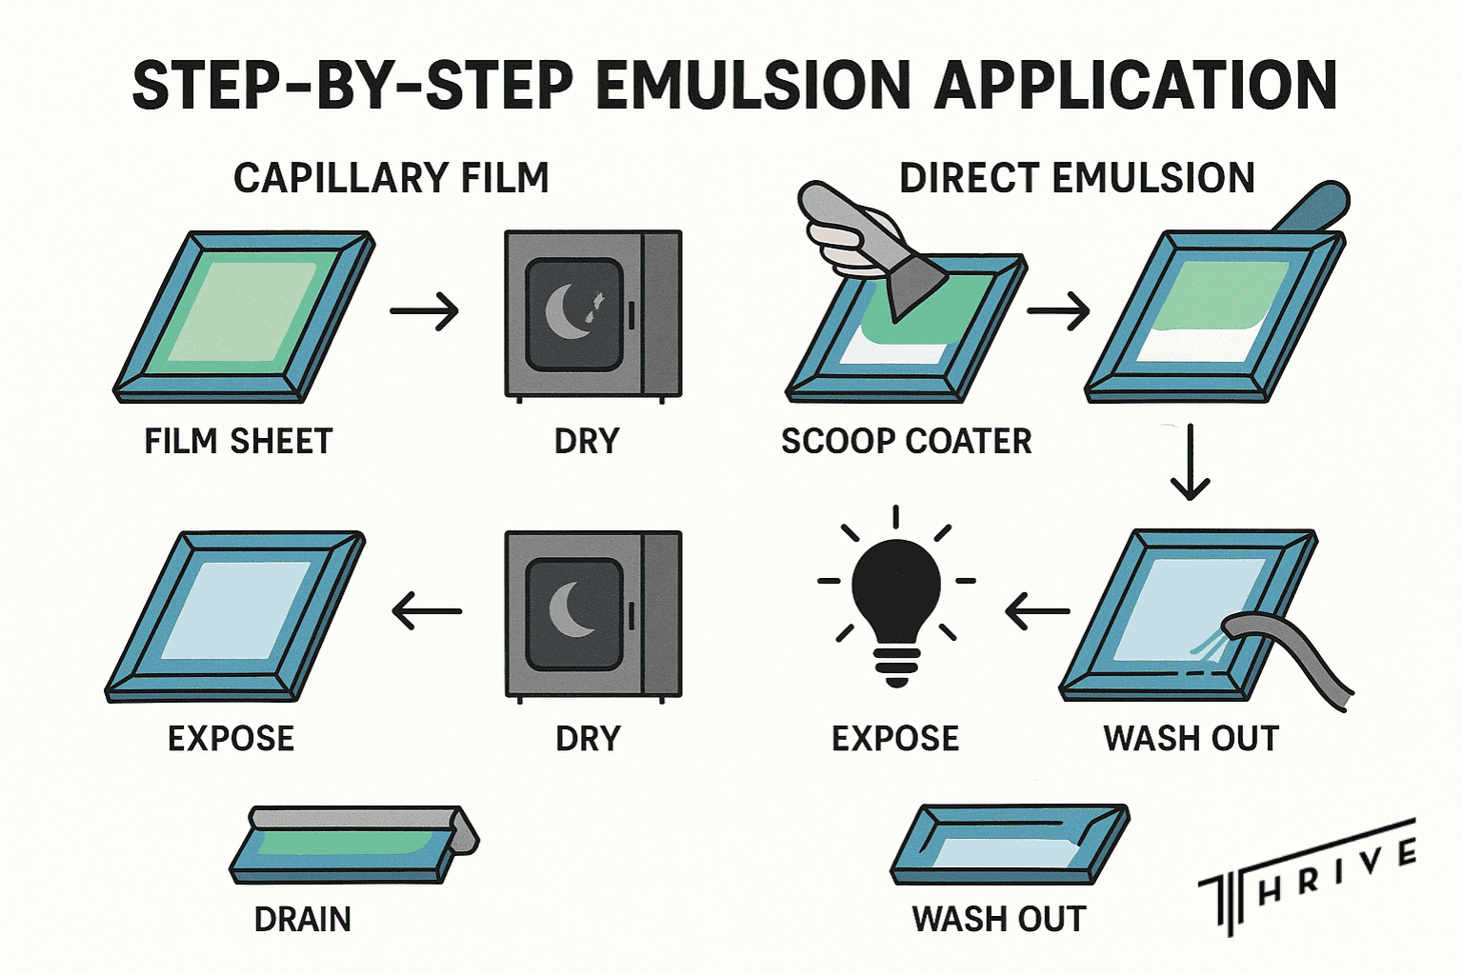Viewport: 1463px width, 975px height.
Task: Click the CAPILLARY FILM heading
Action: click(391, 178)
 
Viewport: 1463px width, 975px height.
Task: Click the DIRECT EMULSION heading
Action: click(1076, 178)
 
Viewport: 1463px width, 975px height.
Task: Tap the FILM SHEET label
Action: click(238, 441)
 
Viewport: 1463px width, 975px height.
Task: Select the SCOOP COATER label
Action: click(906, 441)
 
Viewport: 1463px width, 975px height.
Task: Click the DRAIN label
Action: click(302, 919)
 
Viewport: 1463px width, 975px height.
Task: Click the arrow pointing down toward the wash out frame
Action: click(1190, 464)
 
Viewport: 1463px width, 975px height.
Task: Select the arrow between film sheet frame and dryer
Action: click(425, 310)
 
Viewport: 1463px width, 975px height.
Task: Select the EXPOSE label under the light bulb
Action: click(894, 739)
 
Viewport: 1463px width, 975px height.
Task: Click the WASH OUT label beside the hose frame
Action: click(1191, 739)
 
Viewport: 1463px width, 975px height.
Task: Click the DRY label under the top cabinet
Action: click(587, 441)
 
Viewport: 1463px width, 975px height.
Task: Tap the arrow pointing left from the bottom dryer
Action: click(427, 610)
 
